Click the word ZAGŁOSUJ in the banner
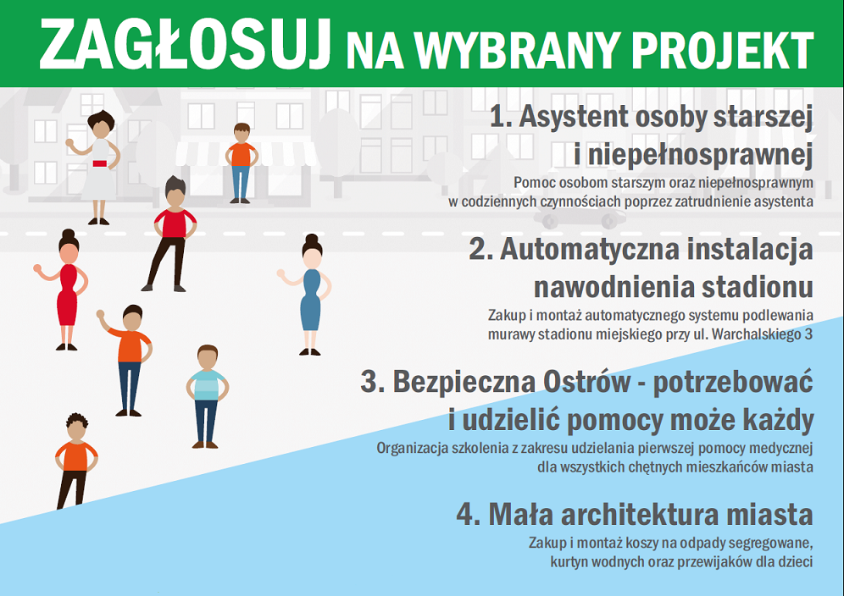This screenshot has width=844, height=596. (185, 44)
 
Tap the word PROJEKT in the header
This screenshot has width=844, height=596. (722, 50)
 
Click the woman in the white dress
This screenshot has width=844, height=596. (96, 167)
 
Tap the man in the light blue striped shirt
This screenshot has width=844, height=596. (208, 396)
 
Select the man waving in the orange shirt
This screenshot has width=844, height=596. (127, 360)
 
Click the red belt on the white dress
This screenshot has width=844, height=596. (100, 163)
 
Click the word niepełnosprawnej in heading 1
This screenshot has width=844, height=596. (700, 156)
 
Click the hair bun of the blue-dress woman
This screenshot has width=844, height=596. (312, 239)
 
